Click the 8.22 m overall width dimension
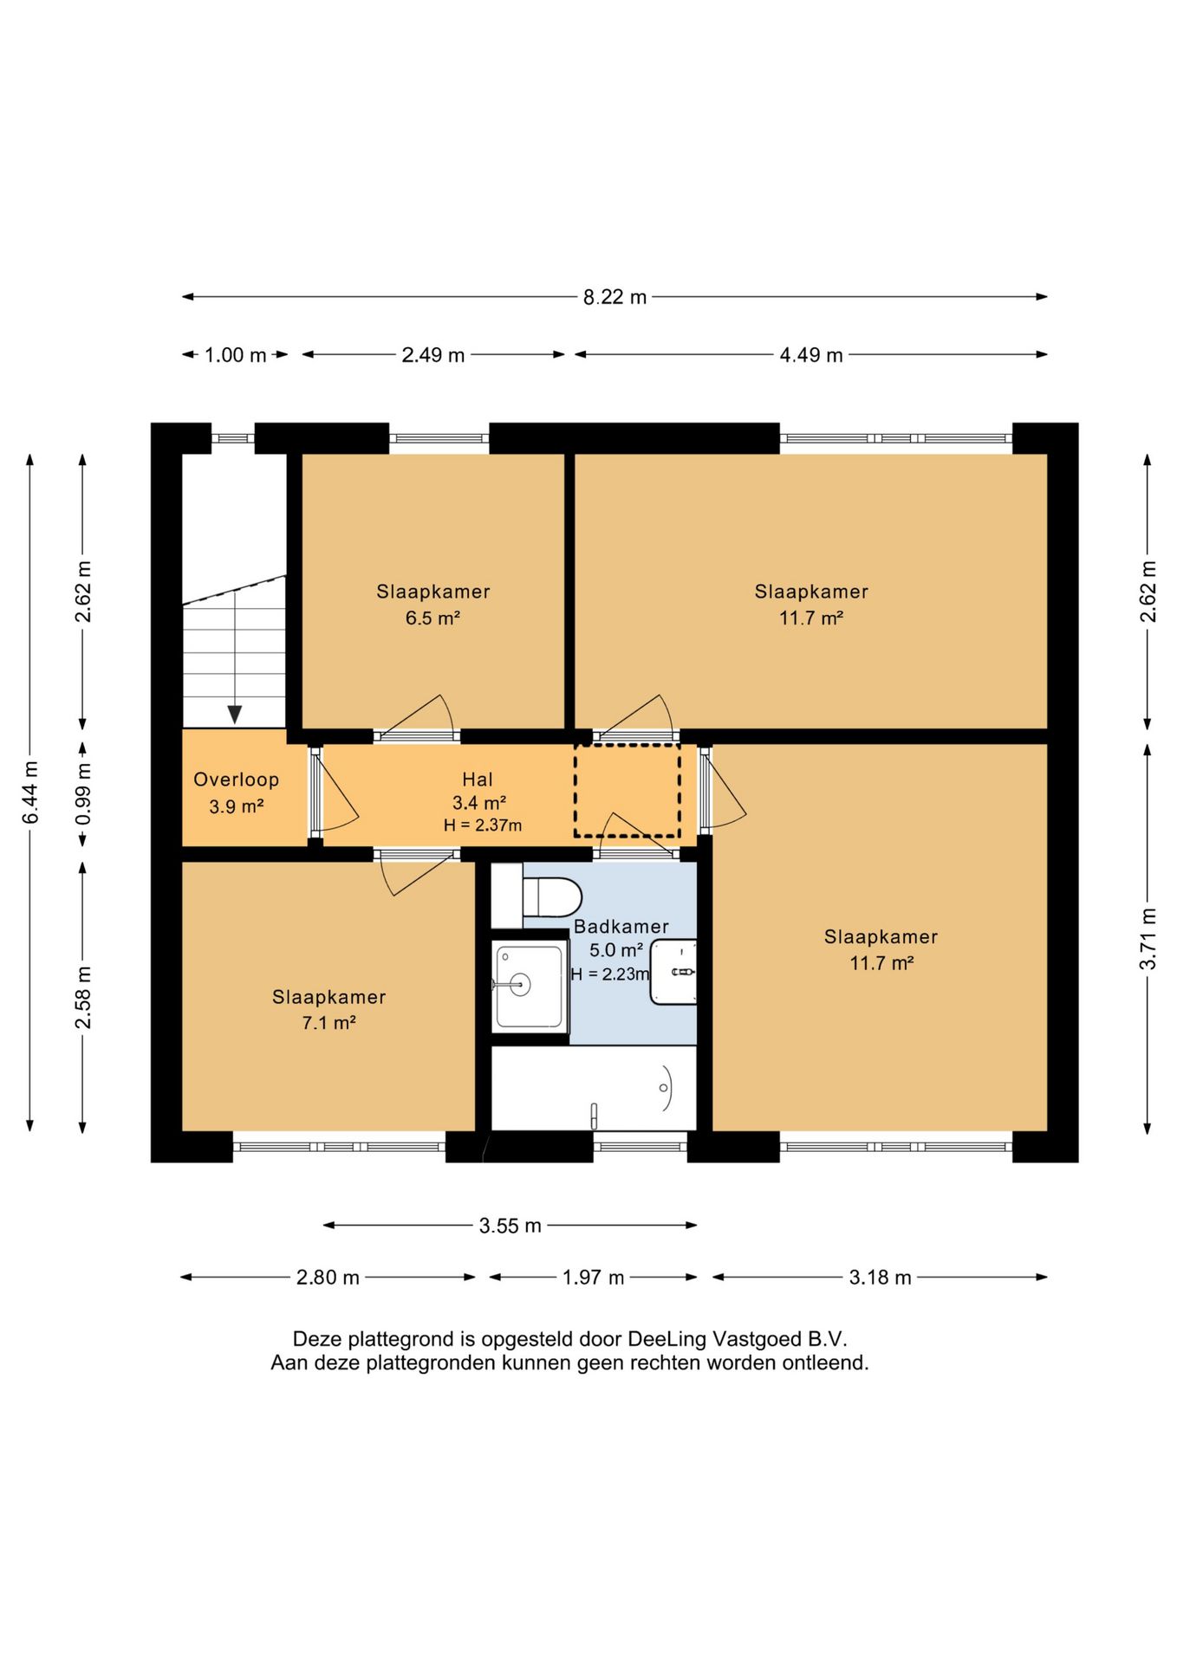[x=615, y=297]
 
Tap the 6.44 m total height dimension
[x=30, y=793]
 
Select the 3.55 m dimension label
[x=510, y=1226]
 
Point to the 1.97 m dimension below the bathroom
[x=593, y=1278]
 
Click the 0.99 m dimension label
[x=83, y=794]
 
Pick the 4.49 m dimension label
[x=811, y=355]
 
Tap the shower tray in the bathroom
[x=529, y=987]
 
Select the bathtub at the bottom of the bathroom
[x=594, y=1088]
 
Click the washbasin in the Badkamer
[x=674, y=972]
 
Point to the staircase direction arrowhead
[x=234, y=715]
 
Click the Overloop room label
[x=236, y=780]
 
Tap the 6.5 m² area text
[x=432, y=618]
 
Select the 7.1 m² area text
[x=328, y=1023]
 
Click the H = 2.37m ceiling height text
[x=483, y=825]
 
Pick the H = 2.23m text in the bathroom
[x=610, y=974]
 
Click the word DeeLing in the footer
[x=667, y=1339]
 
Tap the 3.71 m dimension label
[x=1148, y=939]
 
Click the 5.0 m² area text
[x=616, y=950]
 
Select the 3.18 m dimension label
[x=880, y=1278]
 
